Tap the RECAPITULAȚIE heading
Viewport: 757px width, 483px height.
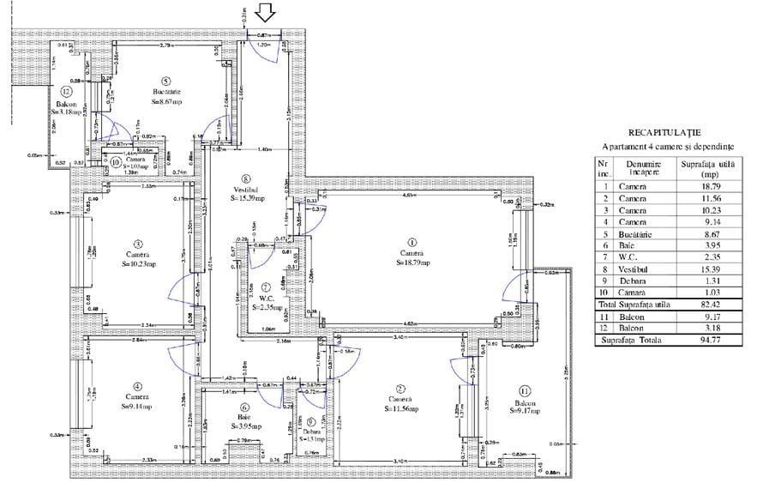tap(664, 133)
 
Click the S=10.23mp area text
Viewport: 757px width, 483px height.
tap(139, 264)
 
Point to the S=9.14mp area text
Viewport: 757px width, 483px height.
tap(135, 407)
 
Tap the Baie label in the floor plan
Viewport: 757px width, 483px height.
tap(244, 418)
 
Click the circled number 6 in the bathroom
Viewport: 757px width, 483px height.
tap(245, 408)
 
